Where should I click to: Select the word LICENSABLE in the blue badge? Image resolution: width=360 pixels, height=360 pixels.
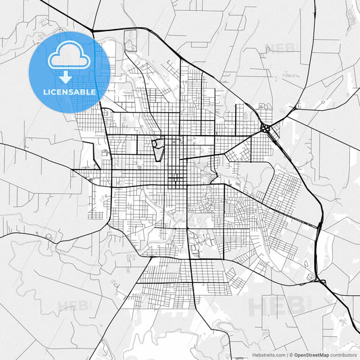coord(70,91)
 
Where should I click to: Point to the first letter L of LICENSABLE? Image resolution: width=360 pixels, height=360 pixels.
coord(45,91)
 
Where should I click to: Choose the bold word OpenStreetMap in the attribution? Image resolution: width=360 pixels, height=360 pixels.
coord(312,354)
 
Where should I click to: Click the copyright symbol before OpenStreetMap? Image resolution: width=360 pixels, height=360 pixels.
coord(291,354)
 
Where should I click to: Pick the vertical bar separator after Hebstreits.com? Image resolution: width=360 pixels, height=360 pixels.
coord(287,354)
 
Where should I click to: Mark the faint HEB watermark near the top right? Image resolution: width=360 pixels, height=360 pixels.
coord(280,48)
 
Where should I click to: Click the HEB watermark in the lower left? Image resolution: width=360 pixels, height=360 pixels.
coord(73,306)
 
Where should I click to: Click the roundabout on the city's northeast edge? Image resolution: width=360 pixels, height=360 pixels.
coord(265,127)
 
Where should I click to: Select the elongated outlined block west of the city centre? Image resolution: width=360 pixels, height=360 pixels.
coord(157,149)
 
